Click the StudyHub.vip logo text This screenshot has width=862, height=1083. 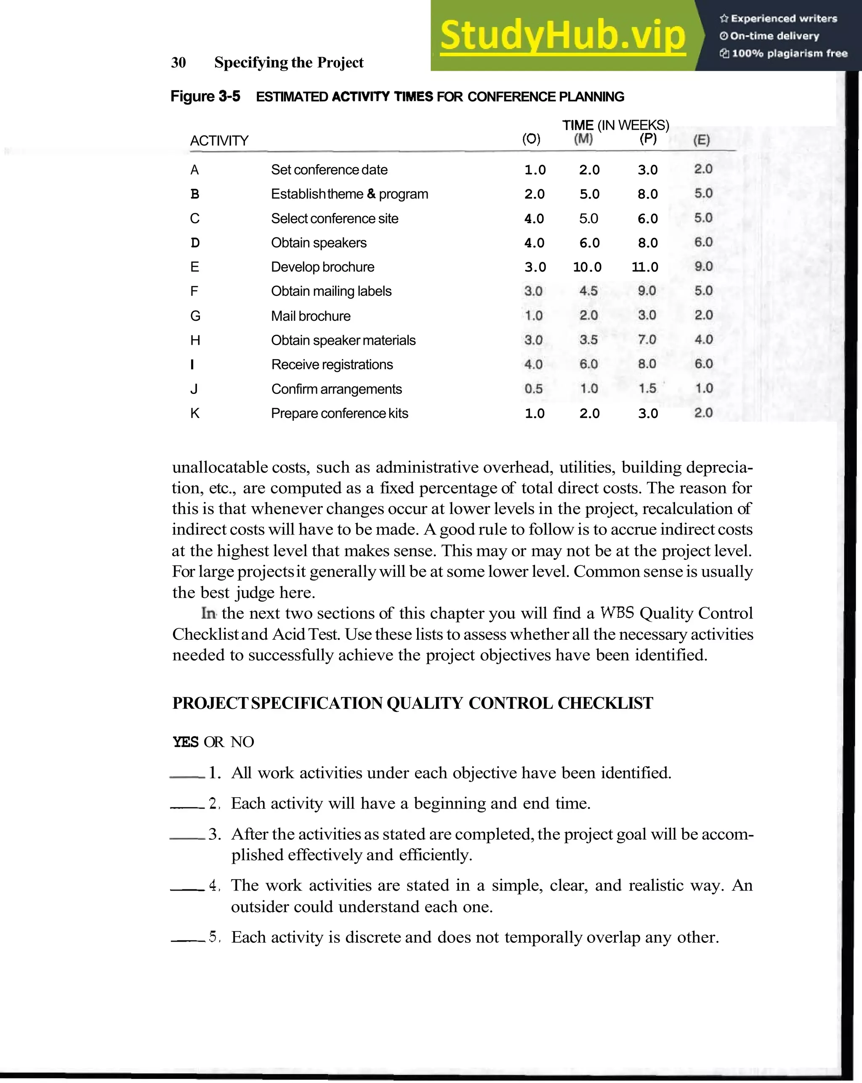point(563,35)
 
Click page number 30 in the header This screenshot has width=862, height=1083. point(178,63)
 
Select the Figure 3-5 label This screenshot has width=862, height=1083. point(205,96)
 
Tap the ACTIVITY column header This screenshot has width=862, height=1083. point(219,141)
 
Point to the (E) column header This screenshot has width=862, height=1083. point(702,140)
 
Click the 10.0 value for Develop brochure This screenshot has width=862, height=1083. point(587,267)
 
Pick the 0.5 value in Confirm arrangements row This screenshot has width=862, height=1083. point(533,389)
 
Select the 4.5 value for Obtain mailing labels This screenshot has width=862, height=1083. point(588,291)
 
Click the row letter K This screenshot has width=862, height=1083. point(195,413)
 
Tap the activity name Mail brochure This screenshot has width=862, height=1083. point(311,316)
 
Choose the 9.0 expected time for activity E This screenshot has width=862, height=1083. point(703,267)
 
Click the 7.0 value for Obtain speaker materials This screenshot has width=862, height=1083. point(647,340)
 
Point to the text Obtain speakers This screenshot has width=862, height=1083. point(319,242)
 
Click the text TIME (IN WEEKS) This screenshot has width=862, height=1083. point(615,125)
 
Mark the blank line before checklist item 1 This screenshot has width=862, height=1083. point(187,777)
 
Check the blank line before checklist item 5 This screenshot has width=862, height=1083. point(188,941)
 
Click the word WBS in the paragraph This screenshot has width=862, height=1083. point(617,613)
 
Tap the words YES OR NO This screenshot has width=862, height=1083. point(213,742)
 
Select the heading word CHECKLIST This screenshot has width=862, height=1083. point(605,703)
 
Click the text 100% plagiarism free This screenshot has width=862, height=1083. point(789,53)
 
